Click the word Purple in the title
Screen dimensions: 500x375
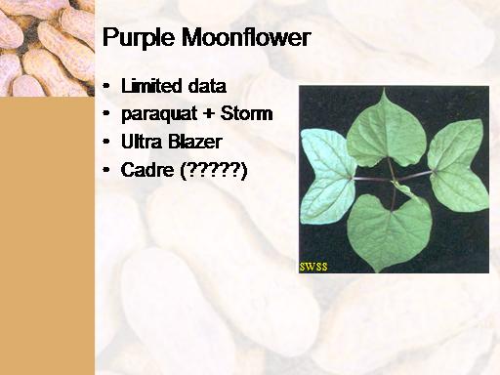click(x=139, y=38)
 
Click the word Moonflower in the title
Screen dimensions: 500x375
click(x=246, y=37)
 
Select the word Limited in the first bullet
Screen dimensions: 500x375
click(x=151, y=86)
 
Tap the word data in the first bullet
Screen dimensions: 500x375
click(x=207, y=86)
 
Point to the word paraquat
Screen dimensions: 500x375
click(x=159, y=115)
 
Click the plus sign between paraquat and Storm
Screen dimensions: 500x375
click(x=209, y=114)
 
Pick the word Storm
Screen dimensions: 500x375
click(x=246, y=113)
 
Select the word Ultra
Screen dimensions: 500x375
click(x=141, y=142)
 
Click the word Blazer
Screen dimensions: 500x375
click(x=195, y=142)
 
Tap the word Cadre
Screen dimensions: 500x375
click(x=147, y=170)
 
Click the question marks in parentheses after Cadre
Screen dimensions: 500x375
click(x=214, y=171)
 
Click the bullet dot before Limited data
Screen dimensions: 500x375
click(x=105, y=86)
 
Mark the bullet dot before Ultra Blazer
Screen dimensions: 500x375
click(x=105, y=142)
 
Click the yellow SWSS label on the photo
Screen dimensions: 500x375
click(x=313, y=267)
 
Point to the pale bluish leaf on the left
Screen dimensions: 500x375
click(x=327, y=176)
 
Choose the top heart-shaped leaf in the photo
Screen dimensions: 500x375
click(x=387, y=130)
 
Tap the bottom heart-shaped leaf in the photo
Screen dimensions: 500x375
click(x=389, y=231)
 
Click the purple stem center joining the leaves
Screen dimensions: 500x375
click(x=394, y=180)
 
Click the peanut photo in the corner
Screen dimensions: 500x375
click(x=47, y=48)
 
